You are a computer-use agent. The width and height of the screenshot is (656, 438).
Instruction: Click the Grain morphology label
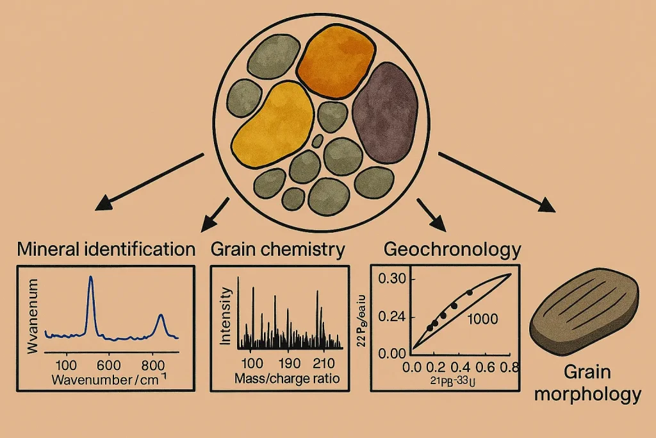pyautogui.click(x=587, y=382)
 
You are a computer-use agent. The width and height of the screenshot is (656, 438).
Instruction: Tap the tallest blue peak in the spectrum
pyautogui.click(x=90, y=279)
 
